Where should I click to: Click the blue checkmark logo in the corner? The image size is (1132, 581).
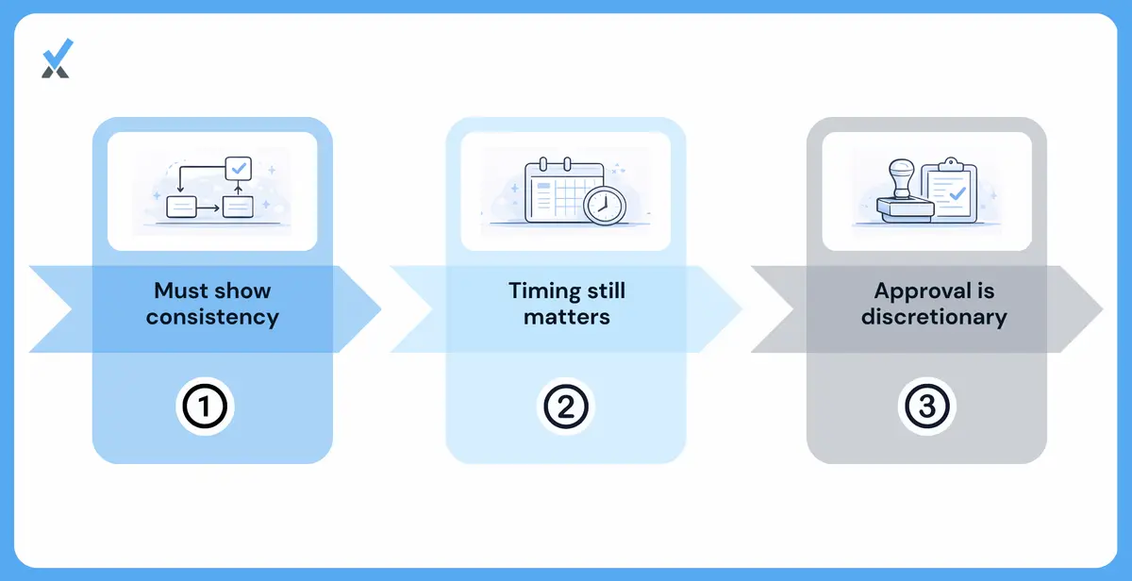click(58, 58)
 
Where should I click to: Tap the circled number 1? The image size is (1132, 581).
click(205, 407)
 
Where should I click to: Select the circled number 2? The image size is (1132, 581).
click(565, 407)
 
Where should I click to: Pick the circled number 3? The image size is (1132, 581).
click(926, 407)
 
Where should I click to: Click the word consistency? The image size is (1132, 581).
click(213, 318)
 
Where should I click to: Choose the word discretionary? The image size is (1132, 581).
click(934, 317)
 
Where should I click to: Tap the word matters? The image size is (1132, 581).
click(567, 317)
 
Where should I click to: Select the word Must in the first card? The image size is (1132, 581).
click(180, 291)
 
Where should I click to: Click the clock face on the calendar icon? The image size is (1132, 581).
click(605, 207)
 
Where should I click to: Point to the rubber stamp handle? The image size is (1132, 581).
click(902, 178)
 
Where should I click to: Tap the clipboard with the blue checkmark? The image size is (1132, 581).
click(949, 190)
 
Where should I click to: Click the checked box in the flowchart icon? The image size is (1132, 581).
click(238, 168)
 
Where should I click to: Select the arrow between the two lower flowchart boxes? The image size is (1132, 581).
click(208, 207)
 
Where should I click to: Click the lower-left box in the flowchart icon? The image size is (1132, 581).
click(181, 207)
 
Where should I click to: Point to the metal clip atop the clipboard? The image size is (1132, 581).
click(951, 165)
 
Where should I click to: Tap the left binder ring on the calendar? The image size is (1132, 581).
click(543, 164)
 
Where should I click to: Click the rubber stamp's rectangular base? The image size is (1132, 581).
click(905, 210)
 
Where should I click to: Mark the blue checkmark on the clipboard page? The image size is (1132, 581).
click(957, 193)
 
